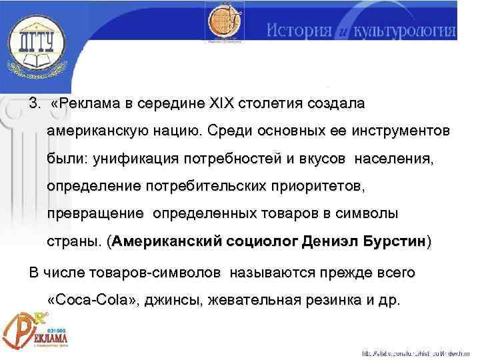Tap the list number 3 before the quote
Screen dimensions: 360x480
(32, 105)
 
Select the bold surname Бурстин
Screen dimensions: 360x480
(393, 241)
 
